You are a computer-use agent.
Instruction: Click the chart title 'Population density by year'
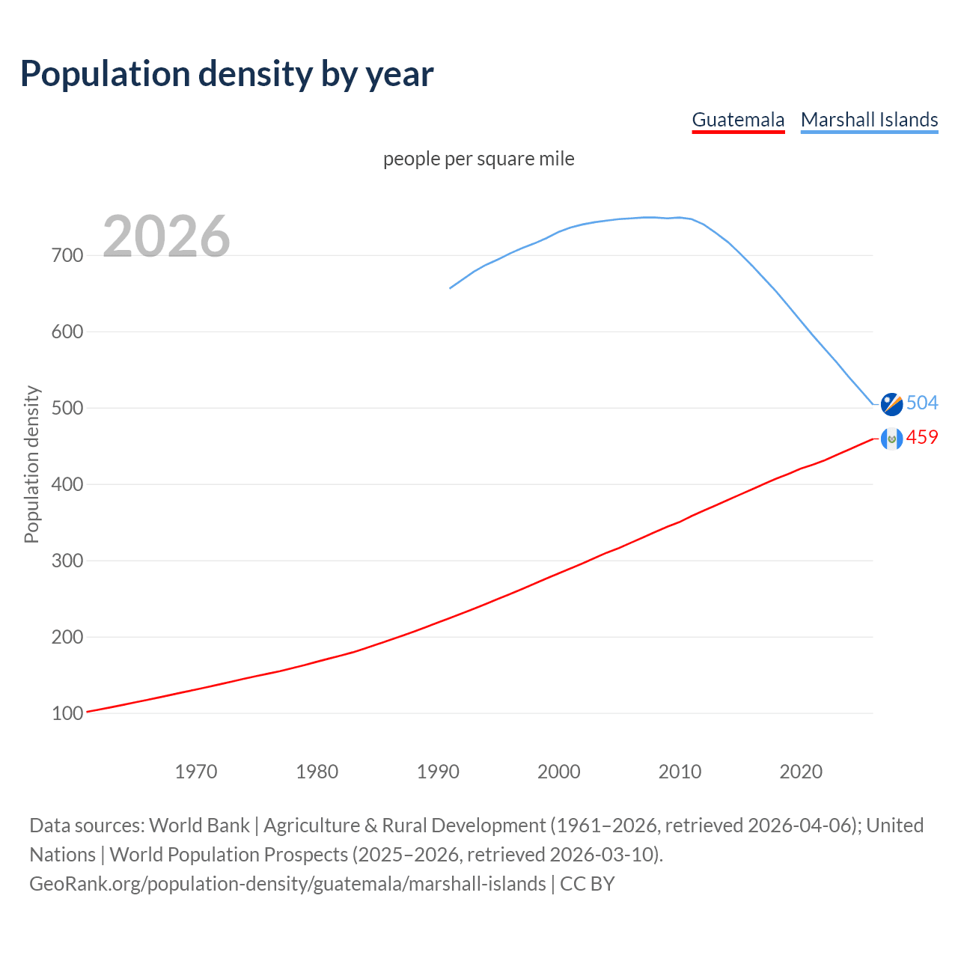(227, 73)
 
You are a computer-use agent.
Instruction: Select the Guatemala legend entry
(738, 120)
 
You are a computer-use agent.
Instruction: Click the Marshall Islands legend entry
(869, 120)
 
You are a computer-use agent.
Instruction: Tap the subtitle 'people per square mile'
(478, 159)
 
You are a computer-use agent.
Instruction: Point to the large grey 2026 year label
(166, 237)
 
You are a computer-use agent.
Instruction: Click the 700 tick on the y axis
(67, 255)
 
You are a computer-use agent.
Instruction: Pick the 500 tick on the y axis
(67, 408)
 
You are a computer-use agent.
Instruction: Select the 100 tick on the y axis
(67, 713)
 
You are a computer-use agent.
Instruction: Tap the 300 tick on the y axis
(67, 561)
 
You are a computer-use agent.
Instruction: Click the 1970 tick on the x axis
(196, 771)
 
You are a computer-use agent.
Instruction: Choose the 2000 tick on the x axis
(559, 771)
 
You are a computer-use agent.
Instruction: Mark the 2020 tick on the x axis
(801, 771)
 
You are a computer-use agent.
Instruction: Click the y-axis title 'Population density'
(31, 464)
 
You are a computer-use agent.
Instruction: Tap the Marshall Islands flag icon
(891, 403)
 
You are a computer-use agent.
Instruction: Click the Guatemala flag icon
(891, 439)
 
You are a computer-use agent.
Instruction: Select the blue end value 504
(922, 403)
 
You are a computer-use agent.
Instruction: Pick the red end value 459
(922, 437)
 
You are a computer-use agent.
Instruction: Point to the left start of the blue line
(451, 287)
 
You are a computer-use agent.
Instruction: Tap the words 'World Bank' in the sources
(199, 826)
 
